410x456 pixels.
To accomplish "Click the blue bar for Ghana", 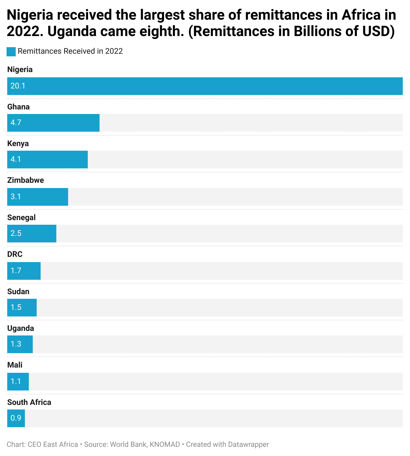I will point(53,123).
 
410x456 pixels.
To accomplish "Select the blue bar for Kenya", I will point(47,160).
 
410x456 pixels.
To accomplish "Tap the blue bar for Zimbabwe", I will point(38,197).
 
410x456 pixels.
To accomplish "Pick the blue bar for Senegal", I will point(32,234).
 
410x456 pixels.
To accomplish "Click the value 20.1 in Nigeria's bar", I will point(18,86).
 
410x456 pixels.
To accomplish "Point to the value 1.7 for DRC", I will point(16,271).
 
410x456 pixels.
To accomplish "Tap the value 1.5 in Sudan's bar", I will point(16,307).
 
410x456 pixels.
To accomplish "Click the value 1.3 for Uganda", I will point(16,344).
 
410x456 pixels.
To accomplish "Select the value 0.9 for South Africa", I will point(16,418).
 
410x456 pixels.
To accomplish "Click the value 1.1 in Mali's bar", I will point(16,381).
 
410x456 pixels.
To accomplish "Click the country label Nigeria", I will point(20,69).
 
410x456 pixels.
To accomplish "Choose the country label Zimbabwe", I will point(26,180).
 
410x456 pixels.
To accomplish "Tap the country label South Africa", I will point(29,402).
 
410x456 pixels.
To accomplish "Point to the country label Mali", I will point(15,365).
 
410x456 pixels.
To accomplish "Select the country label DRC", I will point(15,254).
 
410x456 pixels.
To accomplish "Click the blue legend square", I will point(11,51).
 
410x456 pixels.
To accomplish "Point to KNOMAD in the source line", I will point(165,445).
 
